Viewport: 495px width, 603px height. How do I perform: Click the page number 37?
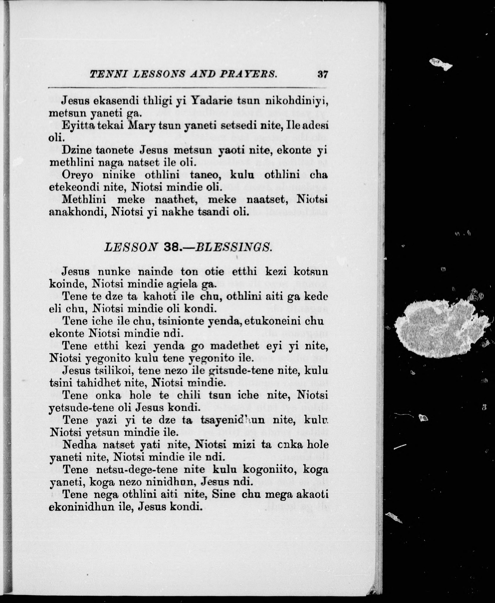coord(323,75)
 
